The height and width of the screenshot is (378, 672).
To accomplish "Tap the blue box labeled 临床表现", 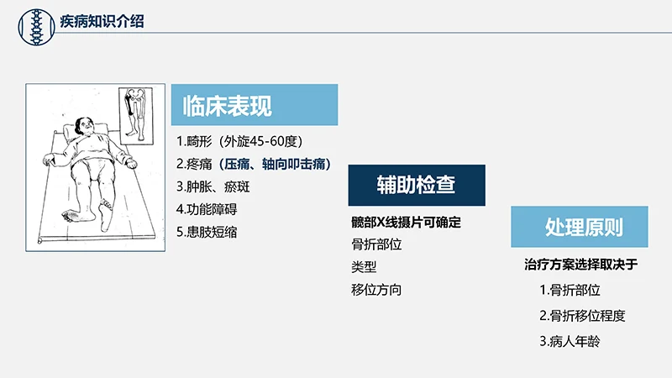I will [x=255, y=106].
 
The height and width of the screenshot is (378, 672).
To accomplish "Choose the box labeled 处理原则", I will [x=579, y=228].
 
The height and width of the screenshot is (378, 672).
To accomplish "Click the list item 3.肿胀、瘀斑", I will [x=213, y=186].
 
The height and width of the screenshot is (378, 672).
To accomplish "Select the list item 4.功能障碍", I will [x=213, y=209].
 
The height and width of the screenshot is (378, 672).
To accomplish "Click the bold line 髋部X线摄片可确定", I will [x=407, y=223].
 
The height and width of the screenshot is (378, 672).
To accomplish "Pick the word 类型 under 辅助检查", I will [x=364, y=267].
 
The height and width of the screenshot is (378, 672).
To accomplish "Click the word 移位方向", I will [x=376, y=290].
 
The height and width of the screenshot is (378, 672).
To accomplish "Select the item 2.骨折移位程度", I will [x=582, y=316].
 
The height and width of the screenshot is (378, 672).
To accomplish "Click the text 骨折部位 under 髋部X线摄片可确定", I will [x=376, y=245].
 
